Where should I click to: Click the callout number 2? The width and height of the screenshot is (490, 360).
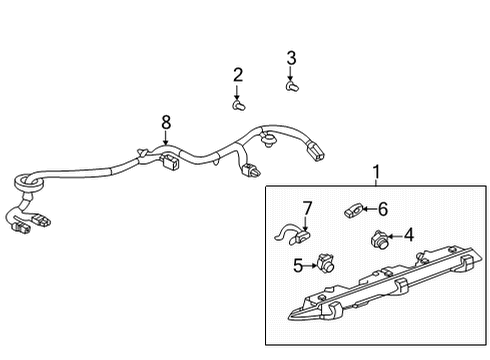pyautogui.click(x=238, y=74)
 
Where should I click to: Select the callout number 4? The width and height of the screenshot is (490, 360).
pyautogui.click(x=410, y=237)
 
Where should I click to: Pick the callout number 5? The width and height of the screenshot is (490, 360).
pyautogui.click(x=298, y=265)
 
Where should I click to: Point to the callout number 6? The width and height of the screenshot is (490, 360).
pyautogui.click(x=382, y=209)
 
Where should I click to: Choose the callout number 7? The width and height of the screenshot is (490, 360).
pyautogui.click(x=307, y=208)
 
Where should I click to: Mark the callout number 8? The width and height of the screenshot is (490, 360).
pyautogui.click(x=166, y=122)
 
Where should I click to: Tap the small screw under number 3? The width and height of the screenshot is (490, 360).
pyautogui.click(x=292, y=86)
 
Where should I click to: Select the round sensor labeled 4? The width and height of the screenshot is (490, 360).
pyautogui.click(x=379, y=238)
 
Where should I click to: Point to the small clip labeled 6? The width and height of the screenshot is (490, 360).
pyautogui.click(x=351, y=210)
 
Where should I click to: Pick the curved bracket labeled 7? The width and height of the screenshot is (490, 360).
pyautogui.click(x=296, y=238)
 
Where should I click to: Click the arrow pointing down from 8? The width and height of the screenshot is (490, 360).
pyautogui.click(x=166, y=141)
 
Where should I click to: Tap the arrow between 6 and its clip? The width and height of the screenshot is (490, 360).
pyautogui.click(x=367, y=209)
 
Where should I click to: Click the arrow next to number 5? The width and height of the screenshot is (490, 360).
pyautogui.click(x=311, y=265)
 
